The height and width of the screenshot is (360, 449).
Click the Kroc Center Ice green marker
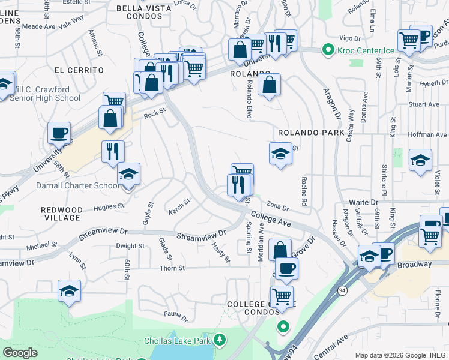point(328,50)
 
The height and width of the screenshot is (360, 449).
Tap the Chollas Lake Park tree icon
point(219,341)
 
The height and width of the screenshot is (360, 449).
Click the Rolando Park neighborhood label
point(311,132)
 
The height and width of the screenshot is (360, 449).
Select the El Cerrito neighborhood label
point(79,70)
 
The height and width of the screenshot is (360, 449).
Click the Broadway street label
point(414,264)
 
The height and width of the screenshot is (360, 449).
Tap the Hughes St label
point(108,207)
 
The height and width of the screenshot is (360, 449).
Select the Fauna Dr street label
point(176,314)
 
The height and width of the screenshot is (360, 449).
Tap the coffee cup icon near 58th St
point(59,133)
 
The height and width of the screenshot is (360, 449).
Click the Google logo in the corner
point(20,352)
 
